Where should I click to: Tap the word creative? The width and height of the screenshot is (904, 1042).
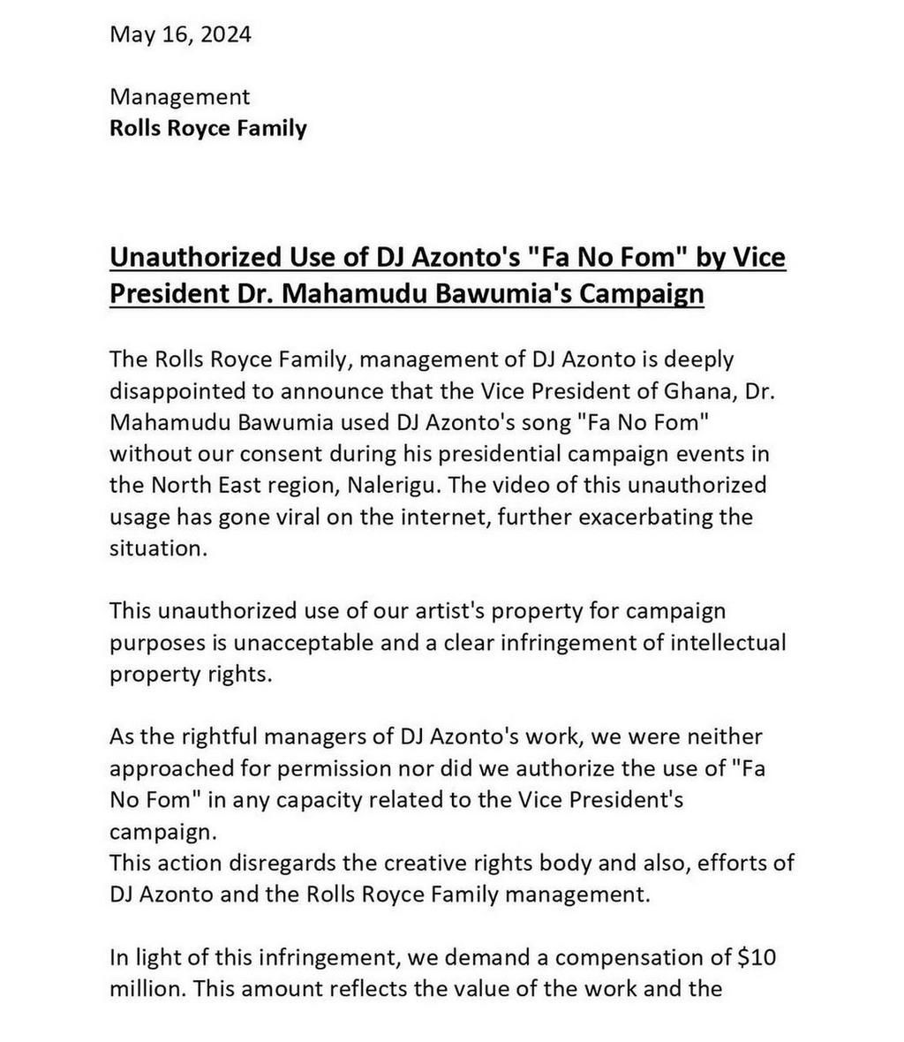pos(377,862)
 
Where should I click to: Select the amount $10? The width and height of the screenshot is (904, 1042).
pos(757,956)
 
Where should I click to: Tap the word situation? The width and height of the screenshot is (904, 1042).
pos(155,547)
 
